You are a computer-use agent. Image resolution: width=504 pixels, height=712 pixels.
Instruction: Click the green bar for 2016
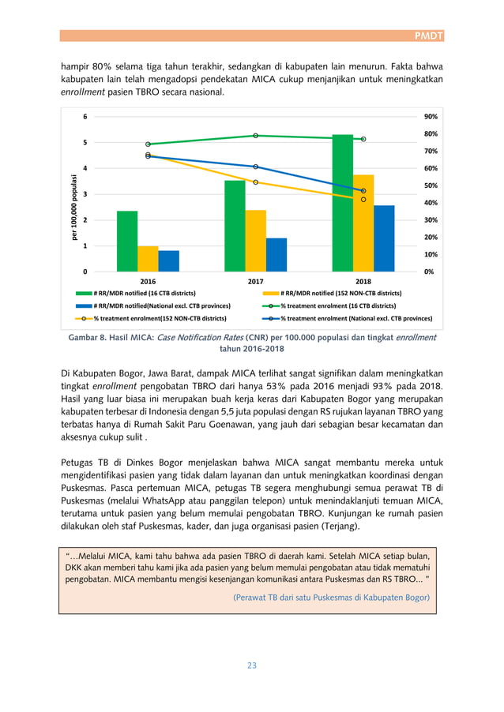tap(127, 242)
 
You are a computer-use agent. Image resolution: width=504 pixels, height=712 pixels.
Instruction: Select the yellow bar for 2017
tap(255, 241)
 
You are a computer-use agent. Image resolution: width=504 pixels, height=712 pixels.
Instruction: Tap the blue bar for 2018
tap(383, 238)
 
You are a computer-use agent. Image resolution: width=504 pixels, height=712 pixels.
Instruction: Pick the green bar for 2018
tap(342, 203)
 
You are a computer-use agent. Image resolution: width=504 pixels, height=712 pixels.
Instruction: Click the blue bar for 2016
tap(168, 261)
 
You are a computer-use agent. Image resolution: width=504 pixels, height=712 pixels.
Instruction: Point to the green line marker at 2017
tap(256, 136)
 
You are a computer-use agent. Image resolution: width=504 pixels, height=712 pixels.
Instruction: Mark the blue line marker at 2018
tap(363, 191)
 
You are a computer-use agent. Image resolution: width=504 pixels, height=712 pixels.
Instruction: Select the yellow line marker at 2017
tap(256, 182)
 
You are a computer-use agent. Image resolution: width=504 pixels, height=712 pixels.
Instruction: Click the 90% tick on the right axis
tap(431, 116)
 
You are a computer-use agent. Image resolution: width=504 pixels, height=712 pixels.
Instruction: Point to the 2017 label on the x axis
tap(256, 281)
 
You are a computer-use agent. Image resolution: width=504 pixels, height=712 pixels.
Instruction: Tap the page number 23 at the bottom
tap(252, 665)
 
